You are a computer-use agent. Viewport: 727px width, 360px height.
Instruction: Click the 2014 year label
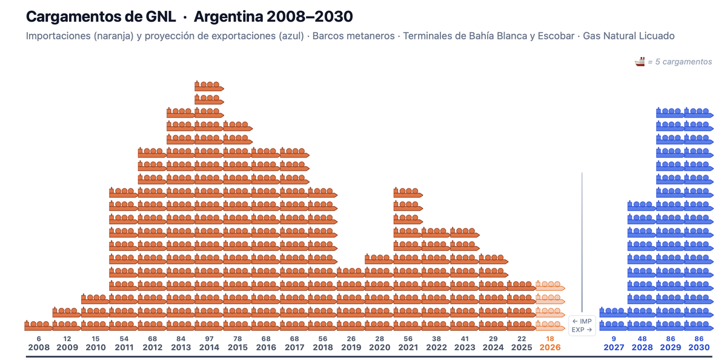click(209, 348)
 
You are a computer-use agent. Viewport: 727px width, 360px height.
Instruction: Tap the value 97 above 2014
click(209, 339)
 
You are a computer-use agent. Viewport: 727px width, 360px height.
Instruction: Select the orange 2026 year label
click(550, 348)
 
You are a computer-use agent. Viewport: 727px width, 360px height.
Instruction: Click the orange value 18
click(550, 339)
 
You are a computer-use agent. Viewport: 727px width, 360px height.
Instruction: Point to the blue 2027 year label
click(614, 348)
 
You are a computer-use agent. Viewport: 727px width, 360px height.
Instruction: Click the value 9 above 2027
click(614, 339)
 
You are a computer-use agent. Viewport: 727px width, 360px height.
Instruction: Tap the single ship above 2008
click(38, 325)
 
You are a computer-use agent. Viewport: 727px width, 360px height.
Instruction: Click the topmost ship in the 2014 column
click(209, 85)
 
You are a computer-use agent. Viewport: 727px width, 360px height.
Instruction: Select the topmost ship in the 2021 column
click(407, 192)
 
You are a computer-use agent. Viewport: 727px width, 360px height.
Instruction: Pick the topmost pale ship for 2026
click(550, 285)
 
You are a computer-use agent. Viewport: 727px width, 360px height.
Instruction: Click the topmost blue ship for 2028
click(642, 205)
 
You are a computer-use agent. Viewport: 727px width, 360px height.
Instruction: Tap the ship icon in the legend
click(640, 62)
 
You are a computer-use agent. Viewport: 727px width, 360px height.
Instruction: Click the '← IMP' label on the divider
click(582, 321)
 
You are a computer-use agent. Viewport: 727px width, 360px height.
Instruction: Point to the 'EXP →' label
click(582, 330)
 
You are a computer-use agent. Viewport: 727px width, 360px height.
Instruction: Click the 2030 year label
click(699, 348)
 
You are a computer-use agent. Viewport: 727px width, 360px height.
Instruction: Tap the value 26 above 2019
click(351, 339)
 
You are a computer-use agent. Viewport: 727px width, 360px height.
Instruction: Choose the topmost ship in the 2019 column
click(351, 272)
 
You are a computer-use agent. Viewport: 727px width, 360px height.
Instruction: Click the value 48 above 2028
click(642, 339)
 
